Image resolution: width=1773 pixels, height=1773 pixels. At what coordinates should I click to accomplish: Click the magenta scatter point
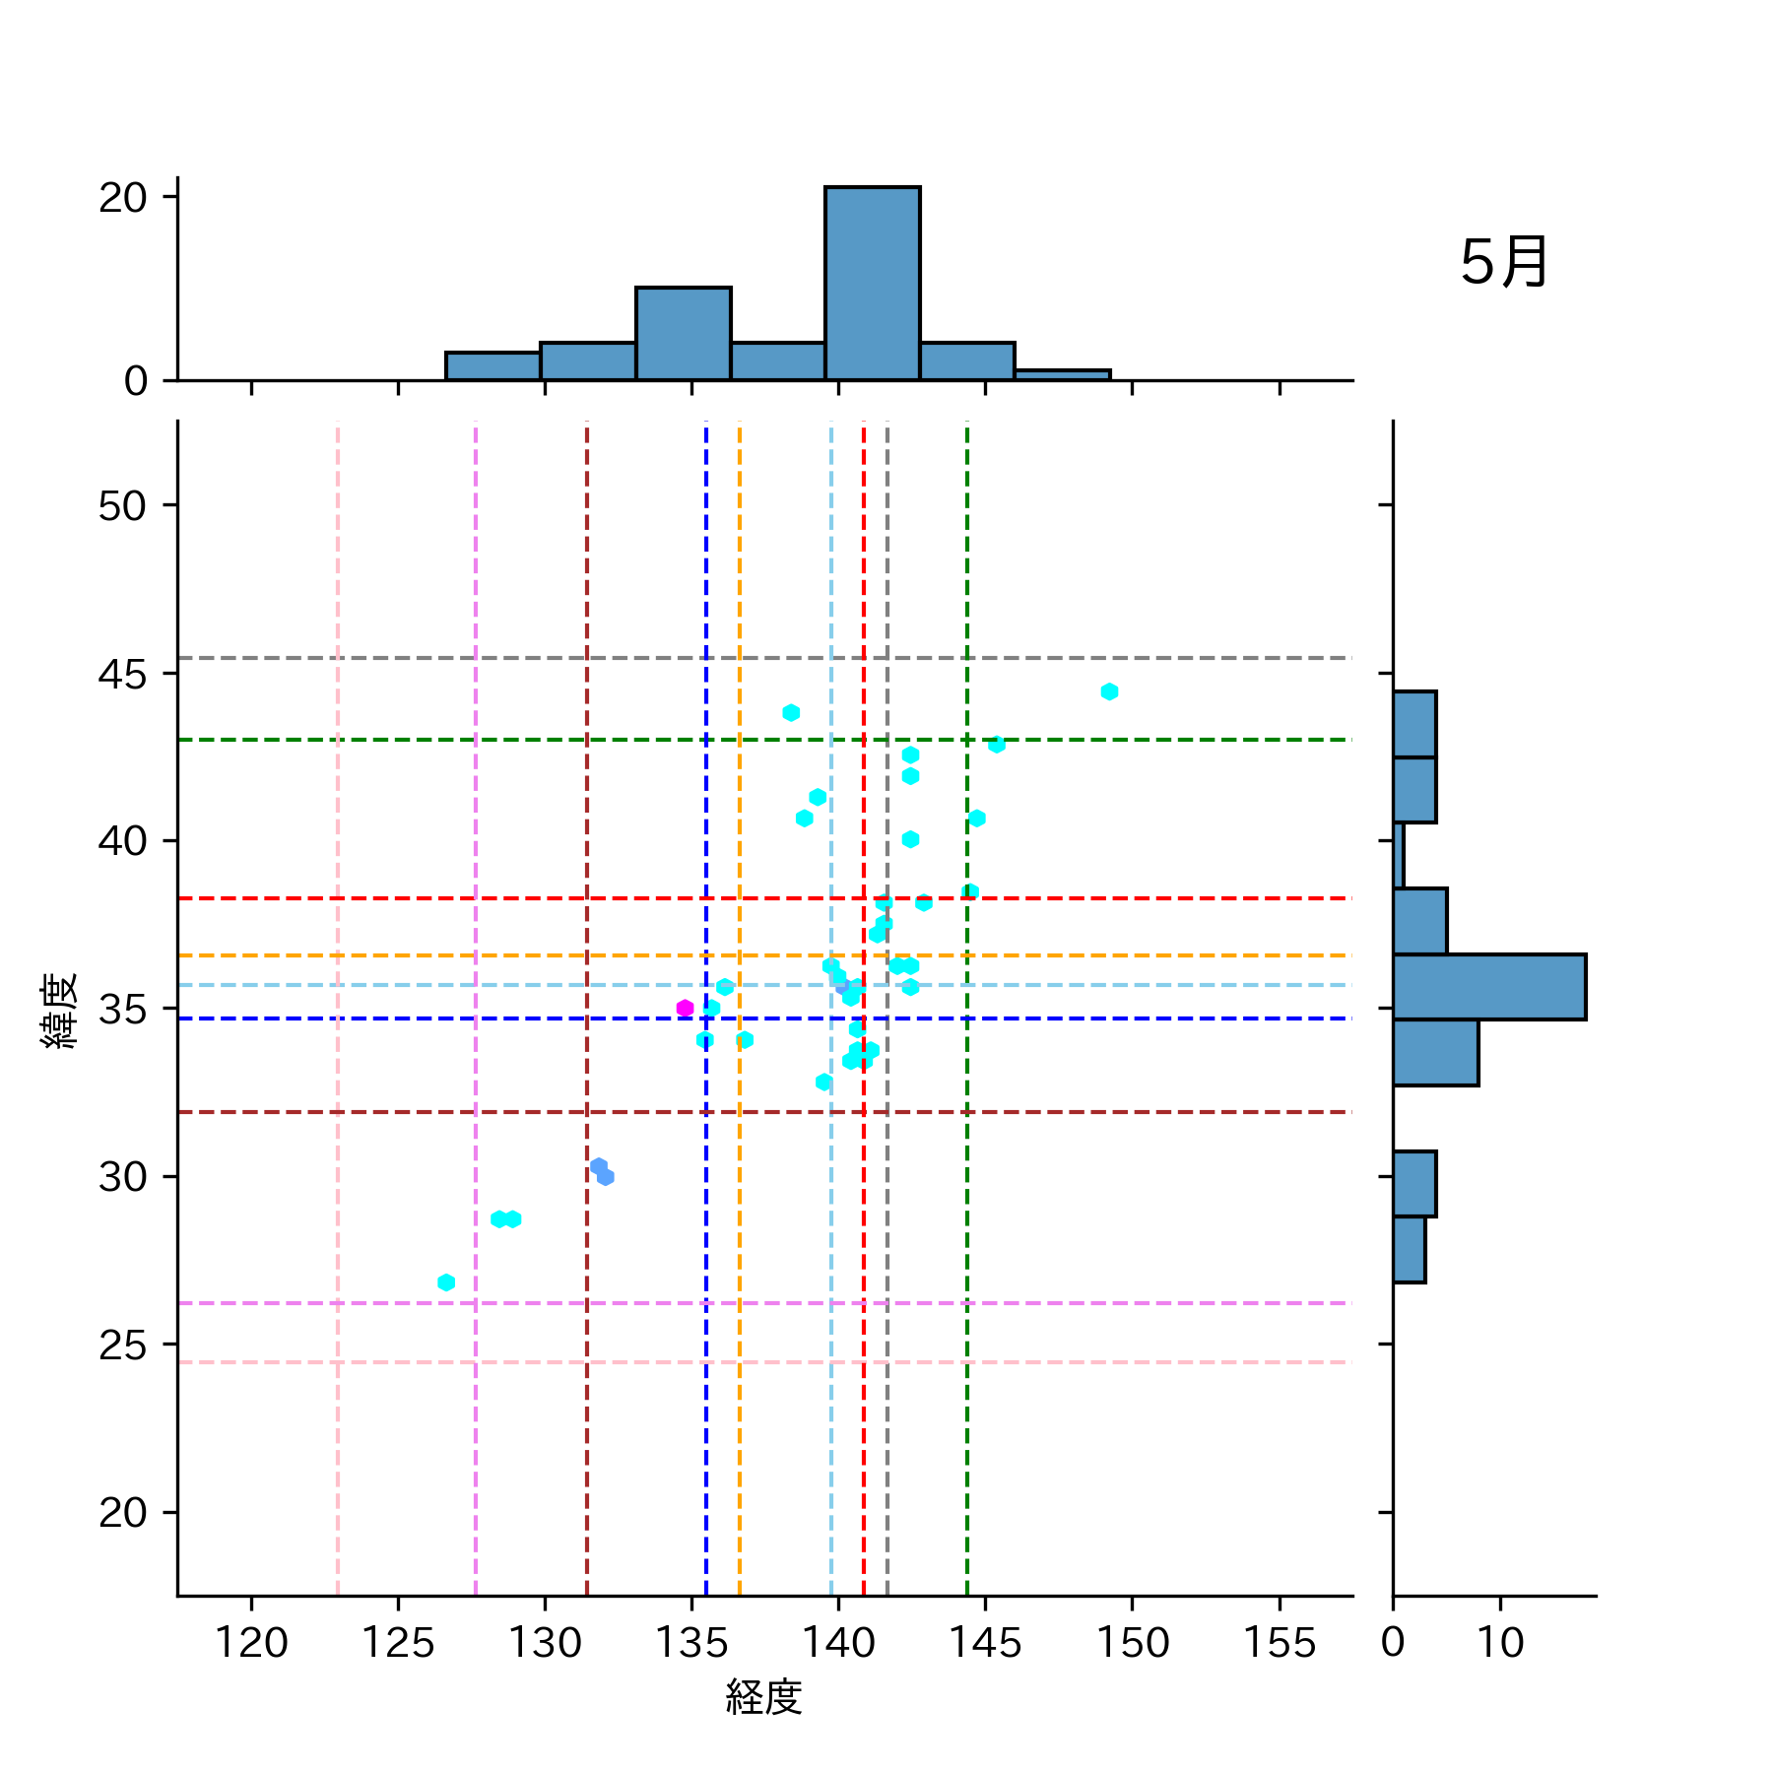686,1008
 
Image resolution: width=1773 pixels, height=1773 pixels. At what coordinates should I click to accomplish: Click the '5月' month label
1503,263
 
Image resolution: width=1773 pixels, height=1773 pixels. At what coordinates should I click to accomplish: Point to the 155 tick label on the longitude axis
1280,1643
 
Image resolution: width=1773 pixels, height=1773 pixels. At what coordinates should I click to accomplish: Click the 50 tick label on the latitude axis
122,506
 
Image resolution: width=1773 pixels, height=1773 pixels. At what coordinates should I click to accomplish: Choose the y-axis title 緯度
59,1011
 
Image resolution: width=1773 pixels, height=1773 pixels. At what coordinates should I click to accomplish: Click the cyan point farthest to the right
1109,691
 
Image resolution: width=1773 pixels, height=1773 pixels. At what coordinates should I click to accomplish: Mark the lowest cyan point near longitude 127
446,1282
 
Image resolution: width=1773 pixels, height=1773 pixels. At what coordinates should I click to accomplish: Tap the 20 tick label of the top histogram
122,198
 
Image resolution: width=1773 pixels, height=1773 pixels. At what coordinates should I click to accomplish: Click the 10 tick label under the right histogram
1500,1643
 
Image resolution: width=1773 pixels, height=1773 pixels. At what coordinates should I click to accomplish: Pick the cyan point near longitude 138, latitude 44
791,712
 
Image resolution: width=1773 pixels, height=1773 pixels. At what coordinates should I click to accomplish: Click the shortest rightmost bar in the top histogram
1062,375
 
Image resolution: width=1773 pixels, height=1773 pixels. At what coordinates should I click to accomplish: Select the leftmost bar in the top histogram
493,366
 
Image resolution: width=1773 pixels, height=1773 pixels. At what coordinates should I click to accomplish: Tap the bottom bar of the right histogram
1410,1250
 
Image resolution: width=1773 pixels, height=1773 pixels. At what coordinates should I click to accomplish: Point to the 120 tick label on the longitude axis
251,1643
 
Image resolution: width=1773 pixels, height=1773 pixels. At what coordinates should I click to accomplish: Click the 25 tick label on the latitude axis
122,1346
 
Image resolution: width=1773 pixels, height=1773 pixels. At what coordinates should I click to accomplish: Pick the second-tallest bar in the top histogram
684,334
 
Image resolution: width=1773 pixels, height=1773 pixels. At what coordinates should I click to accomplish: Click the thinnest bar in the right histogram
1399,855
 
